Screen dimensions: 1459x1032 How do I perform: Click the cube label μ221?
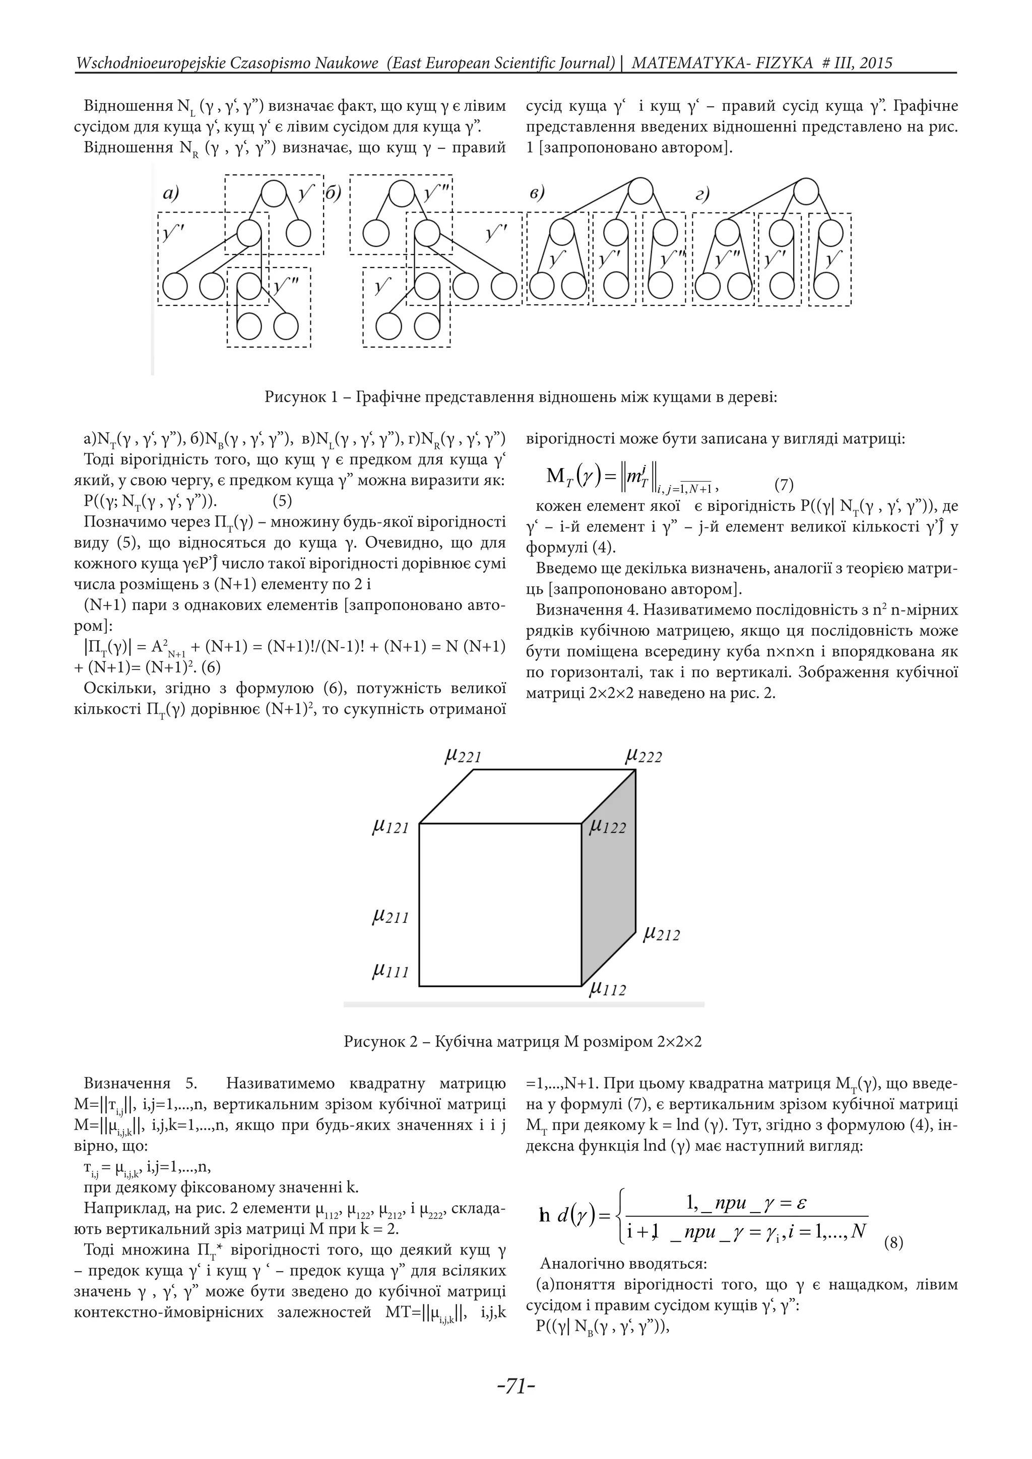[x=463, y=756]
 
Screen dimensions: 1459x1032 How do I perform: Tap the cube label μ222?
[x=643, y=756]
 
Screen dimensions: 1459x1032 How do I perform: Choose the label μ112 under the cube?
[x=608, y=989]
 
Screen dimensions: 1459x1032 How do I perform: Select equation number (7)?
[x=784, y=486]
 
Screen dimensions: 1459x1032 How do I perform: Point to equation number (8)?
[x=893, y=1242]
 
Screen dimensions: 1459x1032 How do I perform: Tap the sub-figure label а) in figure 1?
[x=171, y=193]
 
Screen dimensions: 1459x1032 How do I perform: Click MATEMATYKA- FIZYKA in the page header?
[x=722, y=63]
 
